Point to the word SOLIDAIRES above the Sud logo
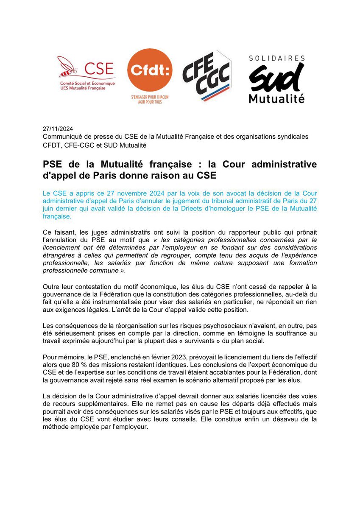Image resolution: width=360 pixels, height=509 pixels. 276,58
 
